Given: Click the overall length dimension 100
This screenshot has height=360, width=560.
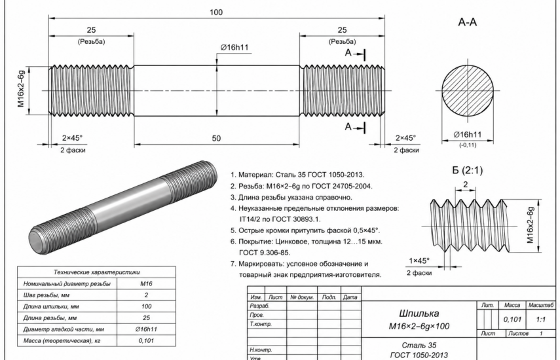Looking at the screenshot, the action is point(216,12).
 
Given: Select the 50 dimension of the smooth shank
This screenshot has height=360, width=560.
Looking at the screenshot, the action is point(216,138).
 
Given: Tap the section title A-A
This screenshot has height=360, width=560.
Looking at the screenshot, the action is point(468,22).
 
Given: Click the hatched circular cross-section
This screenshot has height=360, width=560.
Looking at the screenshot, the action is point(468,90).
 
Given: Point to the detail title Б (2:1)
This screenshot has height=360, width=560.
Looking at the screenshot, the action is point(468,170).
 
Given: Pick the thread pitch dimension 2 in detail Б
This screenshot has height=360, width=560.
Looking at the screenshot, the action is point(466,185).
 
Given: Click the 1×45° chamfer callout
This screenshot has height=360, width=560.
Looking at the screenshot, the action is point(419,261).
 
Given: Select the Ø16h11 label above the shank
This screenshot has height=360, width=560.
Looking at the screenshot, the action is point(234,47).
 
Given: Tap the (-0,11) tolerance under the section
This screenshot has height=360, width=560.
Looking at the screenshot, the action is point(468,145).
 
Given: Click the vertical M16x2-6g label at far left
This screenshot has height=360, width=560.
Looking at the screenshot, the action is point(21,89).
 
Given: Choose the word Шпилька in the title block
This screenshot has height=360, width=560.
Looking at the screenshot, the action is point(419,314).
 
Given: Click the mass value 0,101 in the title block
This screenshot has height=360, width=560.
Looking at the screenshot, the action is point(512,319).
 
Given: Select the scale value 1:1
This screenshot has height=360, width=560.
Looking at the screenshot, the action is point(541,319).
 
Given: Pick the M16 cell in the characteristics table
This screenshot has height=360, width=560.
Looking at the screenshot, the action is point(146,283).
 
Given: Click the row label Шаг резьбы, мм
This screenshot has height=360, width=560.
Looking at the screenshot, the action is point(46,295).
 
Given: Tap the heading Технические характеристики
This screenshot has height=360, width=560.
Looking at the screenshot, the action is point(96,272).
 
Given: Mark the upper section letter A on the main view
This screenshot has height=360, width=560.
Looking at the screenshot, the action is point(348,53).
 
